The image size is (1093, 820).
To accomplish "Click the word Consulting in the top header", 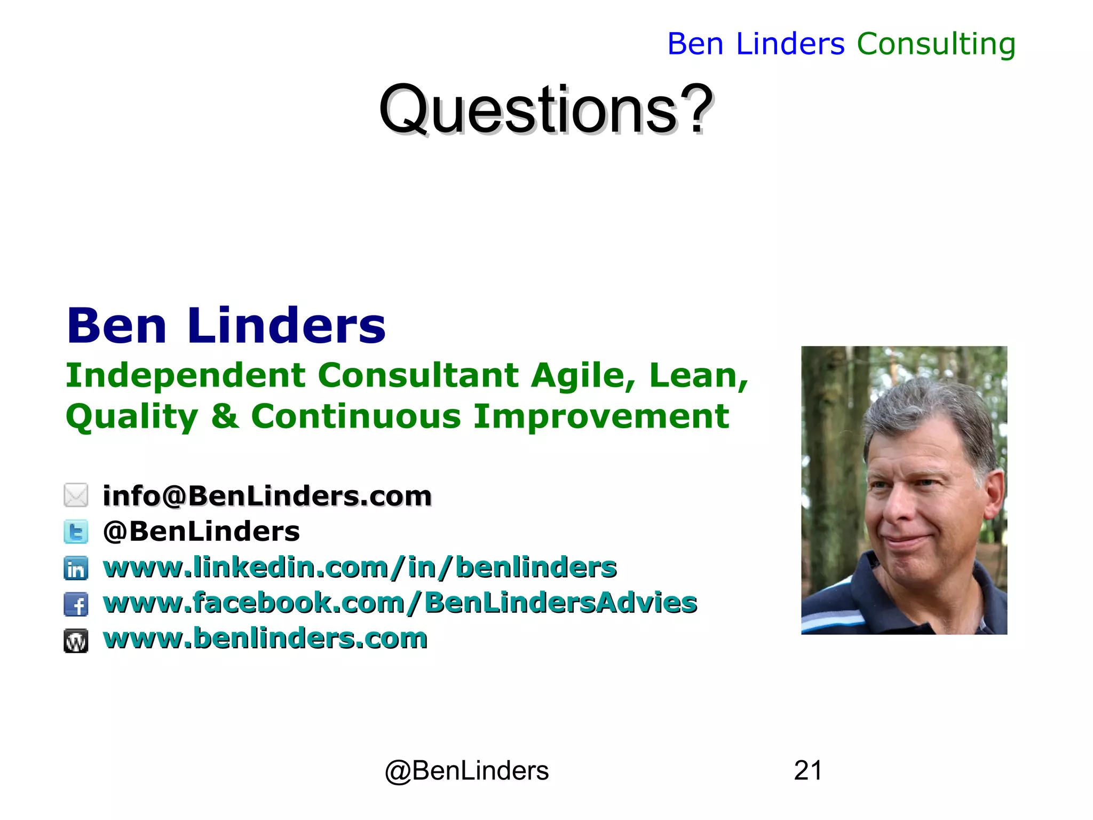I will tap(936, 44).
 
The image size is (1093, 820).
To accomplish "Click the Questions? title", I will tap(545, 110).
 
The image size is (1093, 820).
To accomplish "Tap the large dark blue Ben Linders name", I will tap(226, 326).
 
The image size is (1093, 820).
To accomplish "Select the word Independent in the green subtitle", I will tap(185, 375).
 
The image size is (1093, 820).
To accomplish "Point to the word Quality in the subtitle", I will tap(131, 417).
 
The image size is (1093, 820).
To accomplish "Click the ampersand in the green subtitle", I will tap(225, 416).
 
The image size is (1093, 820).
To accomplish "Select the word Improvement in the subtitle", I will tap(601, 416).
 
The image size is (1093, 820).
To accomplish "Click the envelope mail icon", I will tap(76, 495).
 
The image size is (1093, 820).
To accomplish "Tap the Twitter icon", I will tap(76, 532).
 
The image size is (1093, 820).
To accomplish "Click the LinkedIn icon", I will tap(76, 568).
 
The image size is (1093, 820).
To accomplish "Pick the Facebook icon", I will tap(76, 604).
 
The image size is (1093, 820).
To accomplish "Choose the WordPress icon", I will tap(76, 641).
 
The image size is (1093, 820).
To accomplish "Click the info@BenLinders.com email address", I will tap(267, 496).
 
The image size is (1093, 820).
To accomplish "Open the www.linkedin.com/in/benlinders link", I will tap(360, 567).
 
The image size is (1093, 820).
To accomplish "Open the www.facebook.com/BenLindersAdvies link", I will tap(400, 603).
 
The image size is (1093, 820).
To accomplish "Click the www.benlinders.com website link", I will tap(265, 638).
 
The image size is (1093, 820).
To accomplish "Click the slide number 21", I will tap(807, 770).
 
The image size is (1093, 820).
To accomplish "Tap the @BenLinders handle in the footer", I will tap(466, 771).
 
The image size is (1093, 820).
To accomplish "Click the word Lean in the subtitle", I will tap(698, 375).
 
